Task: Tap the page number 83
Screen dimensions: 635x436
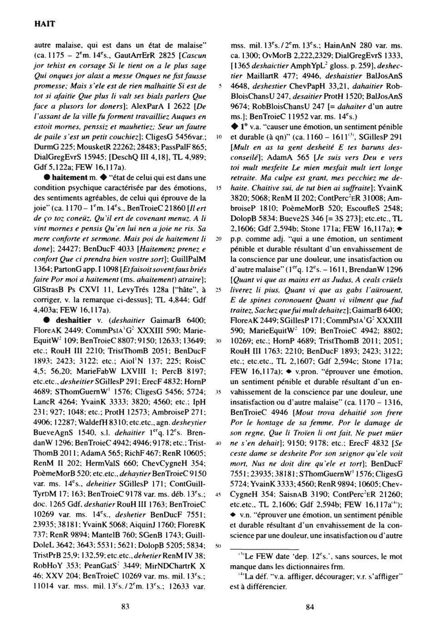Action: click(126, 608)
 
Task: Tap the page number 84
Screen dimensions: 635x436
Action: click(310, 608)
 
